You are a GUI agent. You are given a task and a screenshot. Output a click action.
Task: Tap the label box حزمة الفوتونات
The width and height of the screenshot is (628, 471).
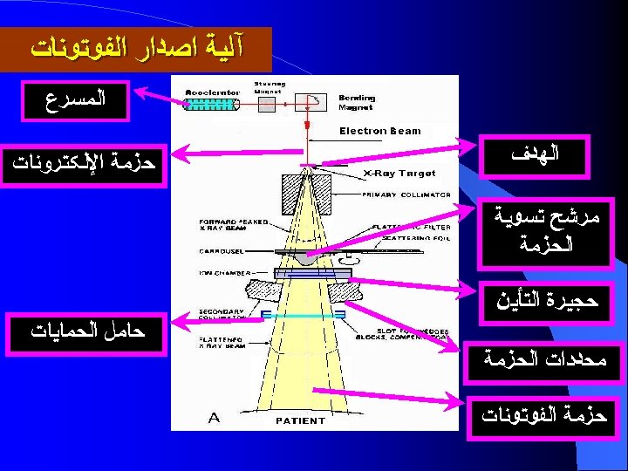544,415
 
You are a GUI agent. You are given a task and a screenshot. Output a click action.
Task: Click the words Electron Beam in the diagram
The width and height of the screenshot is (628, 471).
379,131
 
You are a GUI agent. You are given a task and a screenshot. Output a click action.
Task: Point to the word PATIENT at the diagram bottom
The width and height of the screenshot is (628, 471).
300,420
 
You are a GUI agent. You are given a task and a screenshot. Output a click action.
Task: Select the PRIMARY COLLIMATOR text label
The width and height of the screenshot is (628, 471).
406,195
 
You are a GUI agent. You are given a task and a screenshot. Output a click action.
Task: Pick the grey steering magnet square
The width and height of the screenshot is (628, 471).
265,104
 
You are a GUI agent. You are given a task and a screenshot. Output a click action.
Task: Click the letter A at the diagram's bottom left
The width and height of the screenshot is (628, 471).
214,418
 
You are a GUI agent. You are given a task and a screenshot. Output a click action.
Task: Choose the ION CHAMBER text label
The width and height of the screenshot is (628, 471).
223,271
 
